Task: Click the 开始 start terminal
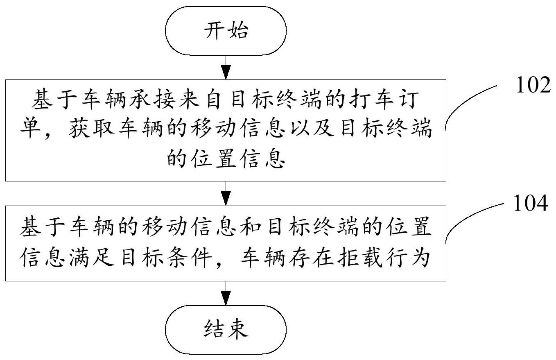click(x=226, y=31)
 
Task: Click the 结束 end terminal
click(x=226, y=329)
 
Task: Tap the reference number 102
click(x=533, y=85)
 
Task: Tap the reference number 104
click(x=531, y=203)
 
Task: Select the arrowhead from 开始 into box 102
click(x=226, y=72)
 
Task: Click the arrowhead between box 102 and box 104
click(x=226, y=198)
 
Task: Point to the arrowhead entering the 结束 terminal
click(x=226, y=298)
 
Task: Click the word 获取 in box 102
click(x=91, y=129)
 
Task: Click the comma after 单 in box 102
click(x=46, y=135)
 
